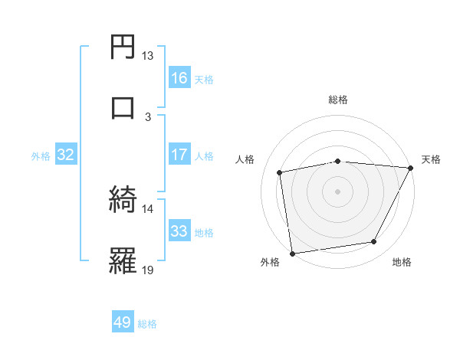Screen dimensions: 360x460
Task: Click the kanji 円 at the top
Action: (x=123, y=47)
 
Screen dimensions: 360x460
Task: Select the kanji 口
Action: (x=123, y=106)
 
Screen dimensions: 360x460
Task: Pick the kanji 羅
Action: (x=123, y=260)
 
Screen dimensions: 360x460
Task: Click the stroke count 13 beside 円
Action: (x=148, y=56)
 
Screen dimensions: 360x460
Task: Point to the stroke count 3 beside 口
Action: (x=148, y=116)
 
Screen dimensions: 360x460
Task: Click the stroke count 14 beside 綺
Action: (x=148, y=208)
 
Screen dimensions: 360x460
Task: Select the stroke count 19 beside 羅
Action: (x=148, y=269)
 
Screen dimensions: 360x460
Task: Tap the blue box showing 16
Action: (x=179, y=78)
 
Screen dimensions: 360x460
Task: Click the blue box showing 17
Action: (x=179, y=155)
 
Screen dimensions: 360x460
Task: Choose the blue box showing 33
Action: (x=179, y=231)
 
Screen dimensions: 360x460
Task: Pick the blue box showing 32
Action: (x=66, y=155)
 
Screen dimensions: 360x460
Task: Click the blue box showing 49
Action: (x=123, y=322)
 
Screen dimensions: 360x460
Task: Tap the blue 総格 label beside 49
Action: (x=147, y=324)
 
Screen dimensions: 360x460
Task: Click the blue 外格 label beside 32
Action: (x=41, y=156)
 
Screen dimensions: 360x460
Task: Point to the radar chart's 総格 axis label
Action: (x=338, y=100)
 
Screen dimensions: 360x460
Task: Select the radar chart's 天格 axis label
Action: (x=431, y=159)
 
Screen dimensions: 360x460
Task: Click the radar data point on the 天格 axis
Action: (x=411, y=168)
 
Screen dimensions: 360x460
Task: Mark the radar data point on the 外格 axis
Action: (x=292, y=253)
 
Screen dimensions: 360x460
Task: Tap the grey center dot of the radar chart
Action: (x=338, y=191)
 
